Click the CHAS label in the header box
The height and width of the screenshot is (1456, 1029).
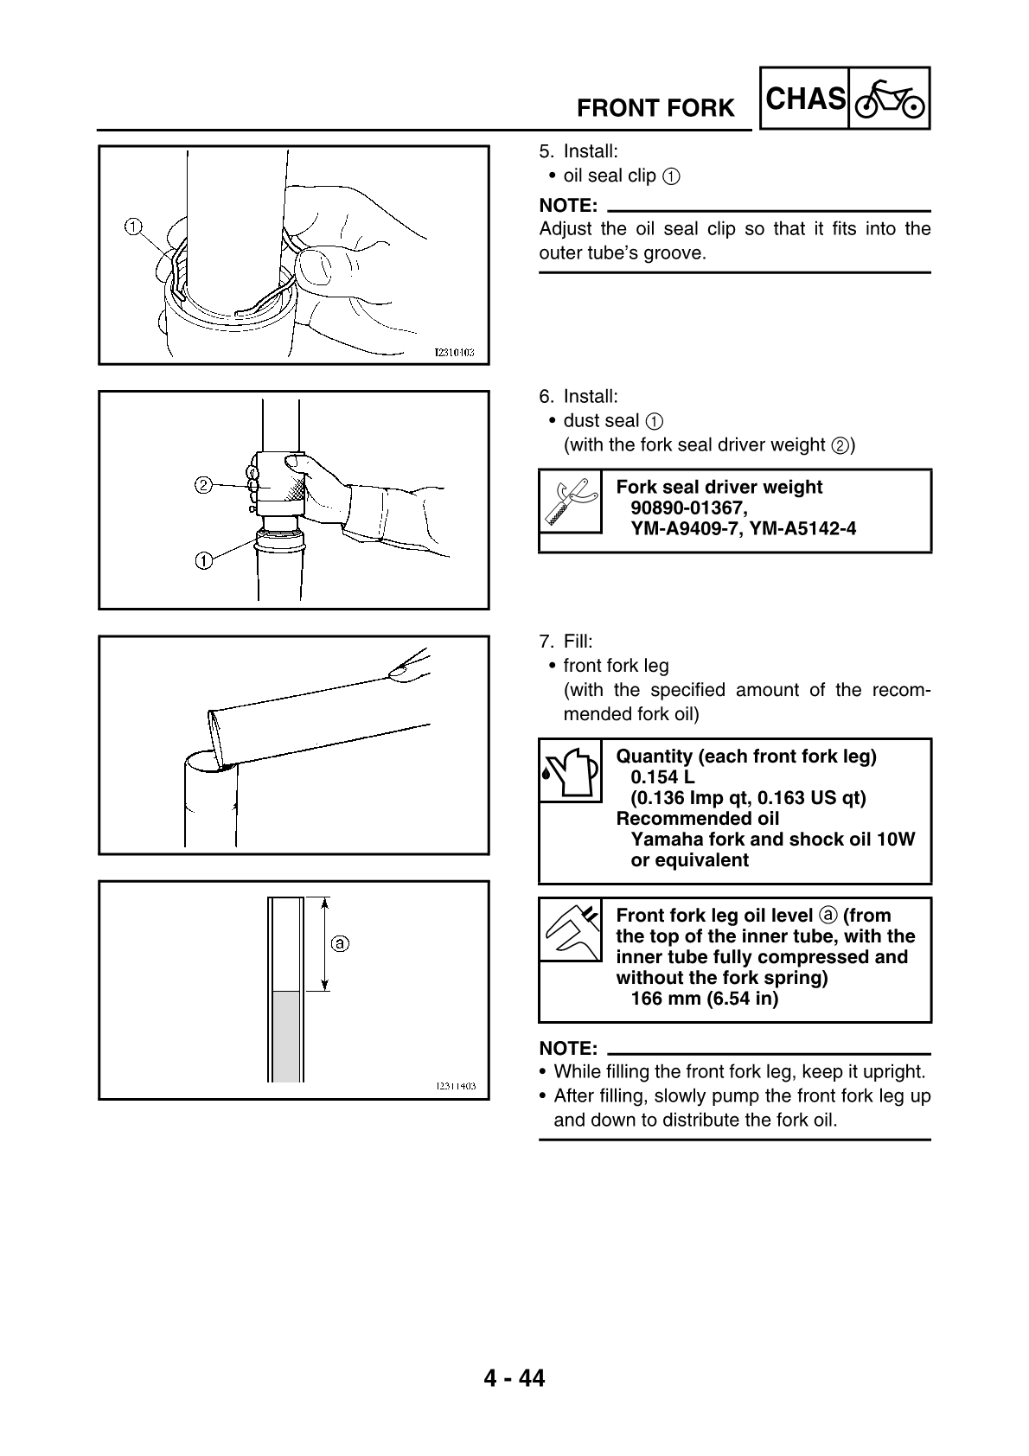tap(805, 99)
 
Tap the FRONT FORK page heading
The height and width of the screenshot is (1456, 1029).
tap(655, 109)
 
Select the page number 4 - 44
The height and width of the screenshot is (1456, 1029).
tap(514, 1378)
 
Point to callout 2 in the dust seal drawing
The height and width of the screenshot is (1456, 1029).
tap(203, 485)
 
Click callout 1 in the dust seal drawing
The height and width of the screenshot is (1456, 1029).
tap(203, 561)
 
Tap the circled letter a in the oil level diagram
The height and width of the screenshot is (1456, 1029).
tap(341, 942)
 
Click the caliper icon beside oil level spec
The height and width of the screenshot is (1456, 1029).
tap(570, 930)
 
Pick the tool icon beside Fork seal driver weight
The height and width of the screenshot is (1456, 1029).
tap(570, 501)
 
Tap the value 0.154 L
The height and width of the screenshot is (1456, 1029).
tap(662, 776)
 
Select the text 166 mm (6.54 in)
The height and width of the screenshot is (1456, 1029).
tap(704, 999)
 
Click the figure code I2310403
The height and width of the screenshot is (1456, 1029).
tap(455, 353)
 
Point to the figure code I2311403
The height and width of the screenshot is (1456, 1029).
tap(455, 1087)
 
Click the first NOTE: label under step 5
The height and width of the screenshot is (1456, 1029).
tap(568, 206)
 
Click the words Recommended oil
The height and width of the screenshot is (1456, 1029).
tap(697, 818)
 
